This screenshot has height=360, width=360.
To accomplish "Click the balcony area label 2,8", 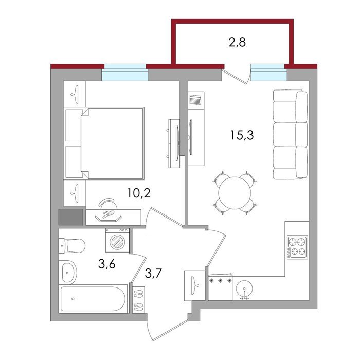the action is [237, 43].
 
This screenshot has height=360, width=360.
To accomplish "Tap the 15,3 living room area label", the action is [242, 135].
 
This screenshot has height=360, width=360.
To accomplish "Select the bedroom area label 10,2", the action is [139, 193].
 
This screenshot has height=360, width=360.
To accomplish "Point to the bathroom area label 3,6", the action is [106, 264].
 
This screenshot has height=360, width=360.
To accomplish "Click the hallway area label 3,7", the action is [153, 274].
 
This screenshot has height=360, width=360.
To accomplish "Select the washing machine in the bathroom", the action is [118, 240].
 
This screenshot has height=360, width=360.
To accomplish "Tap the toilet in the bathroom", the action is [72, 245].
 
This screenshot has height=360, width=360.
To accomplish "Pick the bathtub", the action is [93, 299].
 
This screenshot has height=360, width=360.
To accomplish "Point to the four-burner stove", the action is [298, 247].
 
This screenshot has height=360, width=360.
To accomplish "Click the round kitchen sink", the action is [244, 289].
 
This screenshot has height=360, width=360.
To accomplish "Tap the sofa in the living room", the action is [291, 135].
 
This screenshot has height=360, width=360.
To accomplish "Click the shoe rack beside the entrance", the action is [138, 299].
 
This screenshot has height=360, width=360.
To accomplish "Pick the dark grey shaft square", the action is [71, 217].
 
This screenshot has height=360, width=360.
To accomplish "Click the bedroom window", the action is [125, 73].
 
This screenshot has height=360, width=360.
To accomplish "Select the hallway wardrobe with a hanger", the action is [194, 285].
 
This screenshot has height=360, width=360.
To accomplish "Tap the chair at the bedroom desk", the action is [107, 204].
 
